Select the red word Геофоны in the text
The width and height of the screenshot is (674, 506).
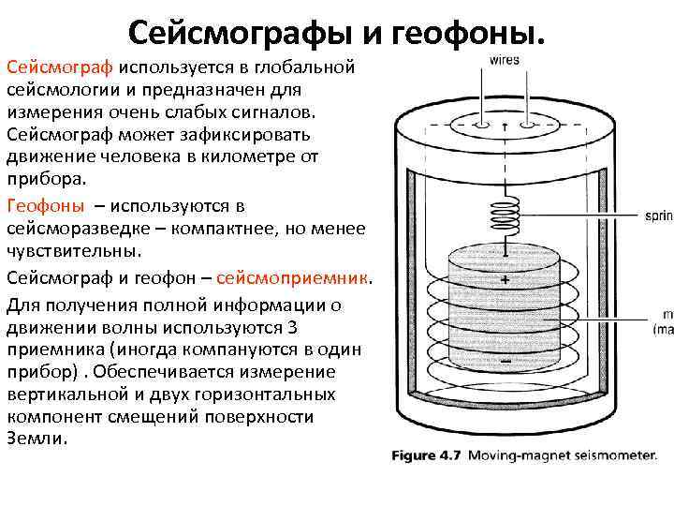coord(45,206)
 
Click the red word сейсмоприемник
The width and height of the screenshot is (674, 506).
coord(294,279)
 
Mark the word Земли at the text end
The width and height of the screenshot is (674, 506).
coord(37,439)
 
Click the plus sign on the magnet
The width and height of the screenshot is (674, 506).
coord(505,280)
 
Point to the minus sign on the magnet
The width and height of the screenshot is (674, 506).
coord(505,361)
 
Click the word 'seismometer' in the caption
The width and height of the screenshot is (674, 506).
coord(610,457)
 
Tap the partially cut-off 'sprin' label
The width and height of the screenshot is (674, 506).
coord(658,217)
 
